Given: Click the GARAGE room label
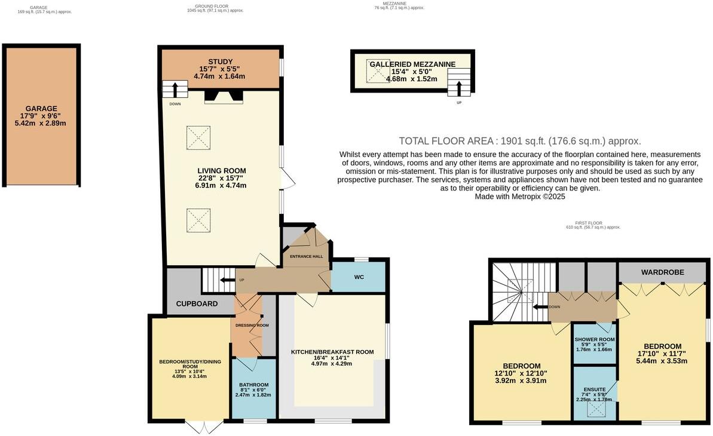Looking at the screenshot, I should (41, 109).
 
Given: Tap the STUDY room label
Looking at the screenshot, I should (220, 62).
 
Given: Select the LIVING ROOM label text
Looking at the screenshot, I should (222, 171).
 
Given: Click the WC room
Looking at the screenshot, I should (359, 277).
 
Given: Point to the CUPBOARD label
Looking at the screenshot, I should (196, 304).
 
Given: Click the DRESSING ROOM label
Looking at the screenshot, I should (252, 326).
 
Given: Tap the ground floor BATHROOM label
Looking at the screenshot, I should (254, 385).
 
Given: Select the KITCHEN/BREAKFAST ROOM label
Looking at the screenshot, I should (332, 352).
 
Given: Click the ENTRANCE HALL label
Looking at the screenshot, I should (306, 257).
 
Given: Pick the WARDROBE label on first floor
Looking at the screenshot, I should (663, 272).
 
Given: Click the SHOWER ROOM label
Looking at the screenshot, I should (595, 339).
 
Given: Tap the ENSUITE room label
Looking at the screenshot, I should (594, 389).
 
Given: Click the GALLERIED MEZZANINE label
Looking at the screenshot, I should (412, 65).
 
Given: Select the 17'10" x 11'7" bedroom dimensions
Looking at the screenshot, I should (662, 354).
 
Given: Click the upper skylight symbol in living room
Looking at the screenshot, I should (198, 134).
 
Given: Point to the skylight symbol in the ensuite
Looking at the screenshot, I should (594, 409).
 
